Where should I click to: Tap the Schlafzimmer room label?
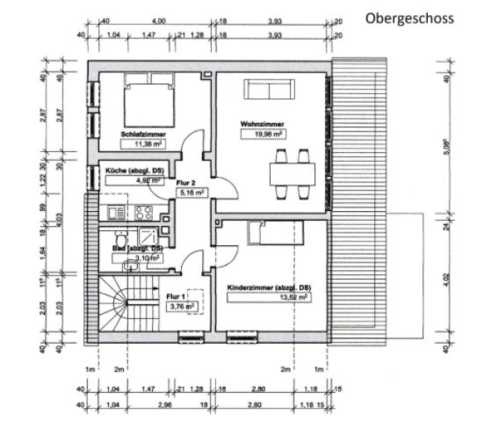pos(144,135)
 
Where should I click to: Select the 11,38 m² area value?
pos(144,143)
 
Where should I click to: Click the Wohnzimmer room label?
pos(261,125)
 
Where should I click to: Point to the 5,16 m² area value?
pos(192,192)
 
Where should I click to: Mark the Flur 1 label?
pos(177,297)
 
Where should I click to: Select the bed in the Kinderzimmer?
pos(276,231)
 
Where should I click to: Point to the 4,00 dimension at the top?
pos(159,19)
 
